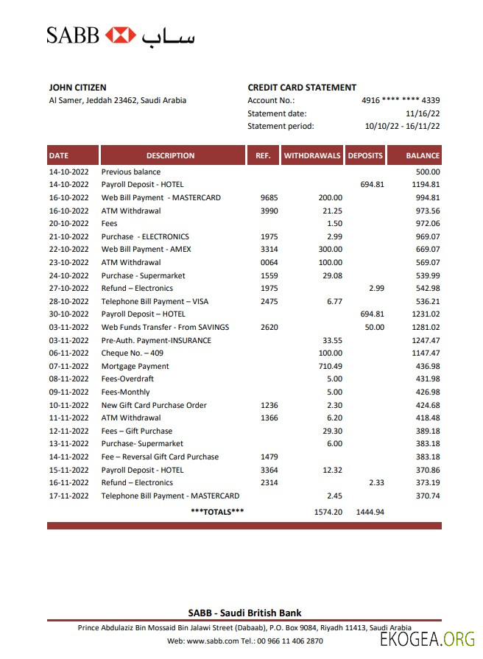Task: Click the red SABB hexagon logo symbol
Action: click(x=121, y=35)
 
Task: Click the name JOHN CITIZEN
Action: click(x=77, y=88)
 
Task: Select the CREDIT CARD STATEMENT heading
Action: click(x=302, y=88)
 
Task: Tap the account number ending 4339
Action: click(x=401, y=100)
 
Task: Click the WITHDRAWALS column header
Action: click(x=312, y=155)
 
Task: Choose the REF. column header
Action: click(x=263, y=155)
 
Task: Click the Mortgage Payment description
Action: click(x=135, y=366)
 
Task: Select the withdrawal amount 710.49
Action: click(x=329, y=366)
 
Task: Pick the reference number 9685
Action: click(x=269, y=197)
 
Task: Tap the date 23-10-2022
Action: click(x=68, y=262)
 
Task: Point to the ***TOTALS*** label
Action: click(x=217, y=511)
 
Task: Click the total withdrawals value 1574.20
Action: click(x=328, y=511)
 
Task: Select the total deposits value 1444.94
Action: click(x=370, y=511)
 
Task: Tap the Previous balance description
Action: click(x=131, y=172)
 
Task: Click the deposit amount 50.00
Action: click(x=374, y=327)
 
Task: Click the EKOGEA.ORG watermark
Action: click(x=427, y=639)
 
